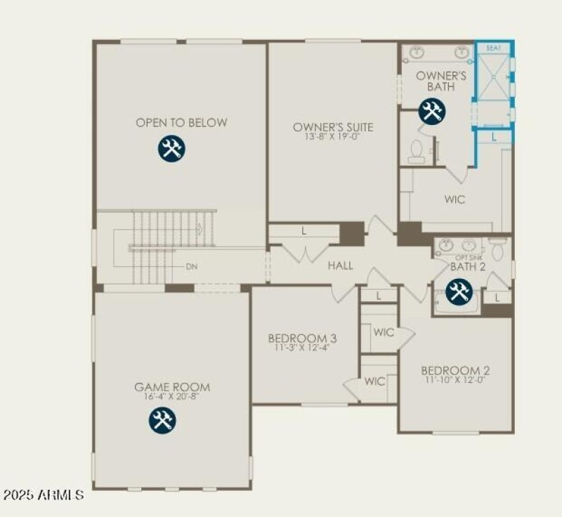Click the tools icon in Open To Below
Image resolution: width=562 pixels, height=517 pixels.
click(x=171, y=149)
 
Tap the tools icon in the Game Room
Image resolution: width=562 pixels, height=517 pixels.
click(x=162, y=420)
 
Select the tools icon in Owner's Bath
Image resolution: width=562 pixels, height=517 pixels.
click(x=432, y=112)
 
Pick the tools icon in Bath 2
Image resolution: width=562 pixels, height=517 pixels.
click(x=459, y=291)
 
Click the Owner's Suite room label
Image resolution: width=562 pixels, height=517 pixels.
click(x=333, y=127)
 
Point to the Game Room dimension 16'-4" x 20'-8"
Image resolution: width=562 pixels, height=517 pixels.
click(x=172, y=397)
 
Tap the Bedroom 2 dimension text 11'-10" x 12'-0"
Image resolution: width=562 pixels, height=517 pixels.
click(x=455, y=380)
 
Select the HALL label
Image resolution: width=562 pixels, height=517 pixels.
click(x=340, y=266)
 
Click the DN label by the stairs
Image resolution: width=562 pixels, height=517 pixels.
click(x=191, y=267)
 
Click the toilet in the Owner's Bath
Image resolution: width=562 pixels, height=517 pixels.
click(x=416, y=151)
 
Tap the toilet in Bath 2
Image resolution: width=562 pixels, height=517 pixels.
click(x=497, y=249)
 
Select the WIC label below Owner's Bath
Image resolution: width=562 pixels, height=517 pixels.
click(x=455, y=199)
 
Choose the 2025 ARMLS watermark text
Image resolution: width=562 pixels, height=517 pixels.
click(x=44, y=495)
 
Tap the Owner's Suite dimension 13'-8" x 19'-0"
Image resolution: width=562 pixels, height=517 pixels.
click(x=333, y=138)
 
